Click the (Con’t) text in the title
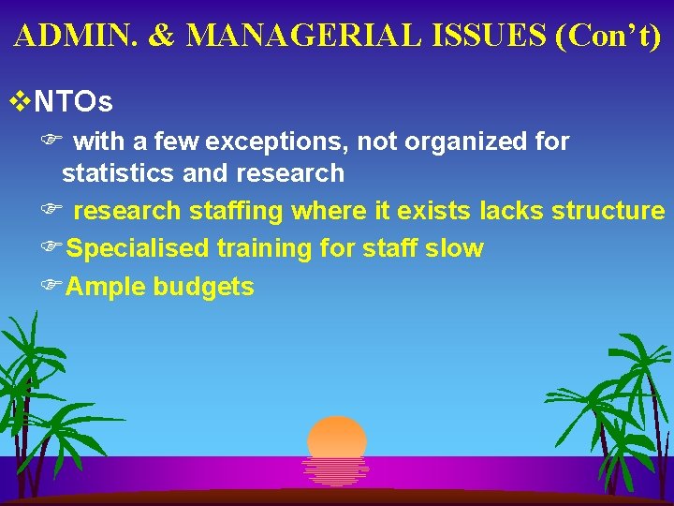point(609,36)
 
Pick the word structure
point(608,211)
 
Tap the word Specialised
point(139,248)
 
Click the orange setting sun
point(337,440)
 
